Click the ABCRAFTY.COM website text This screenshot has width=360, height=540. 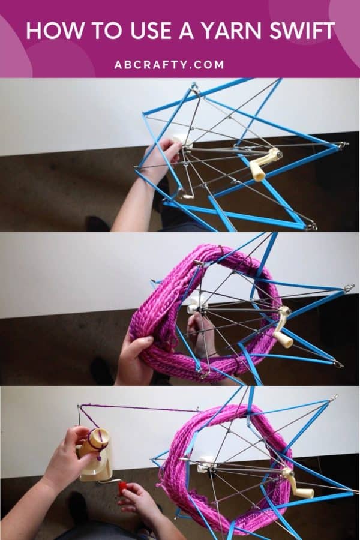[x=179, y=64]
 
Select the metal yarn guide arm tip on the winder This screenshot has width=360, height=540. [x=79, y=408]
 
